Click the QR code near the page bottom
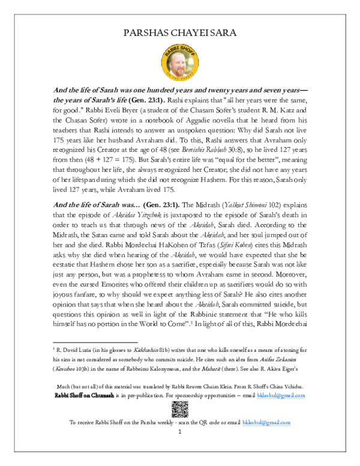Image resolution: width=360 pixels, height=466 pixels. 179,410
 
